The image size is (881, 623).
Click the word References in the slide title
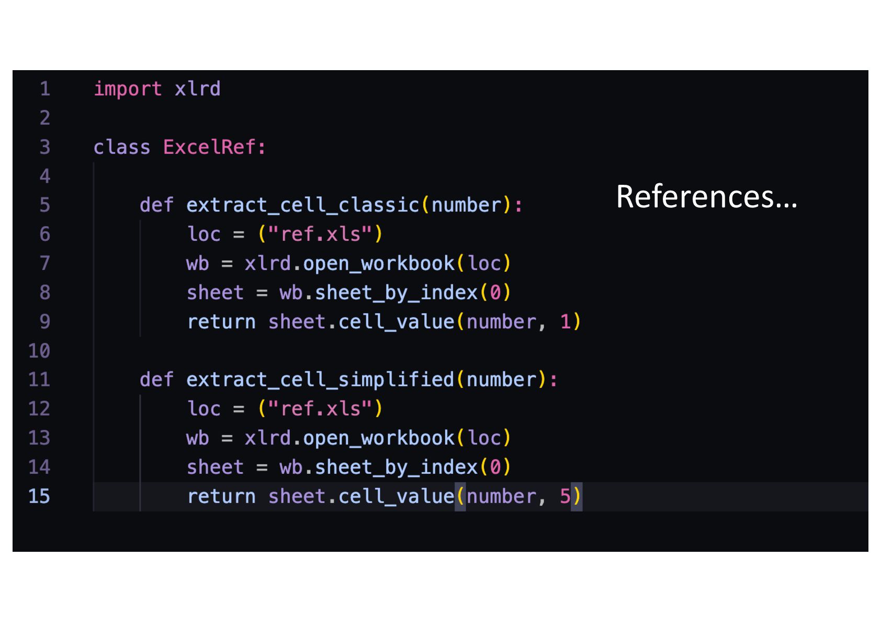695,197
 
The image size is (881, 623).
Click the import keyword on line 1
128,89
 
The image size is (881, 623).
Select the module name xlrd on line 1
197,89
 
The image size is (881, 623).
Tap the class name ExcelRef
209,147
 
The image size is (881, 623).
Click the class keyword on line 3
121,147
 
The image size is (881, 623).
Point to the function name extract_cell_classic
302,205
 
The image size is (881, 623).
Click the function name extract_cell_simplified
320,380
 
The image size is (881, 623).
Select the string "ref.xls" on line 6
320,234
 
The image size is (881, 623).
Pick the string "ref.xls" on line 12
320,409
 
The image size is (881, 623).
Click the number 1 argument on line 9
565,321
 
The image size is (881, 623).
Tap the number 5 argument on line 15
565,496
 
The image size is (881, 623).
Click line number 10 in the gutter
39,351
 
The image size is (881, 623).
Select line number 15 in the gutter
39,496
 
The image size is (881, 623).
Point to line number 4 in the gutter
45,176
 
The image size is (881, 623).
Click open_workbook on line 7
379,263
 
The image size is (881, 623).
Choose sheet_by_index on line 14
396,467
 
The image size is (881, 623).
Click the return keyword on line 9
221,321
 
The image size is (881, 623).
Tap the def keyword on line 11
156,380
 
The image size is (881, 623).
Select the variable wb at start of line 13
197,438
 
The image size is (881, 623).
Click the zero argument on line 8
495,293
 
